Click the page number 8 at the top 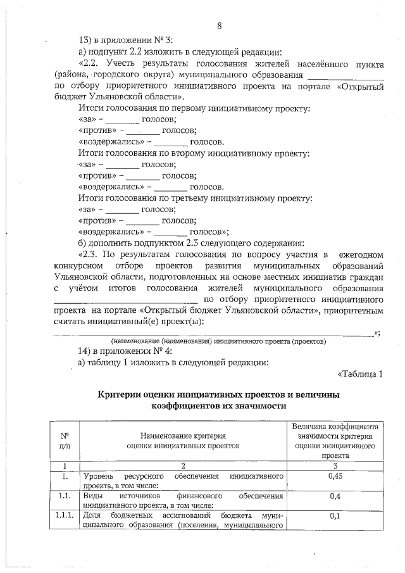[x=219, y=26]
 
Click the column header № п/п [x=65, y=441]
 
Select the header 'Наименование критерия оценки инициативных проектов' [x=184, y=441]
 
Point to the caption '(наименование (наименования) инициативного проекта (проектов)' [x=218, y=341]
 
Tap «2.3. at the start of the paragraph [x=90, y=255]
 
